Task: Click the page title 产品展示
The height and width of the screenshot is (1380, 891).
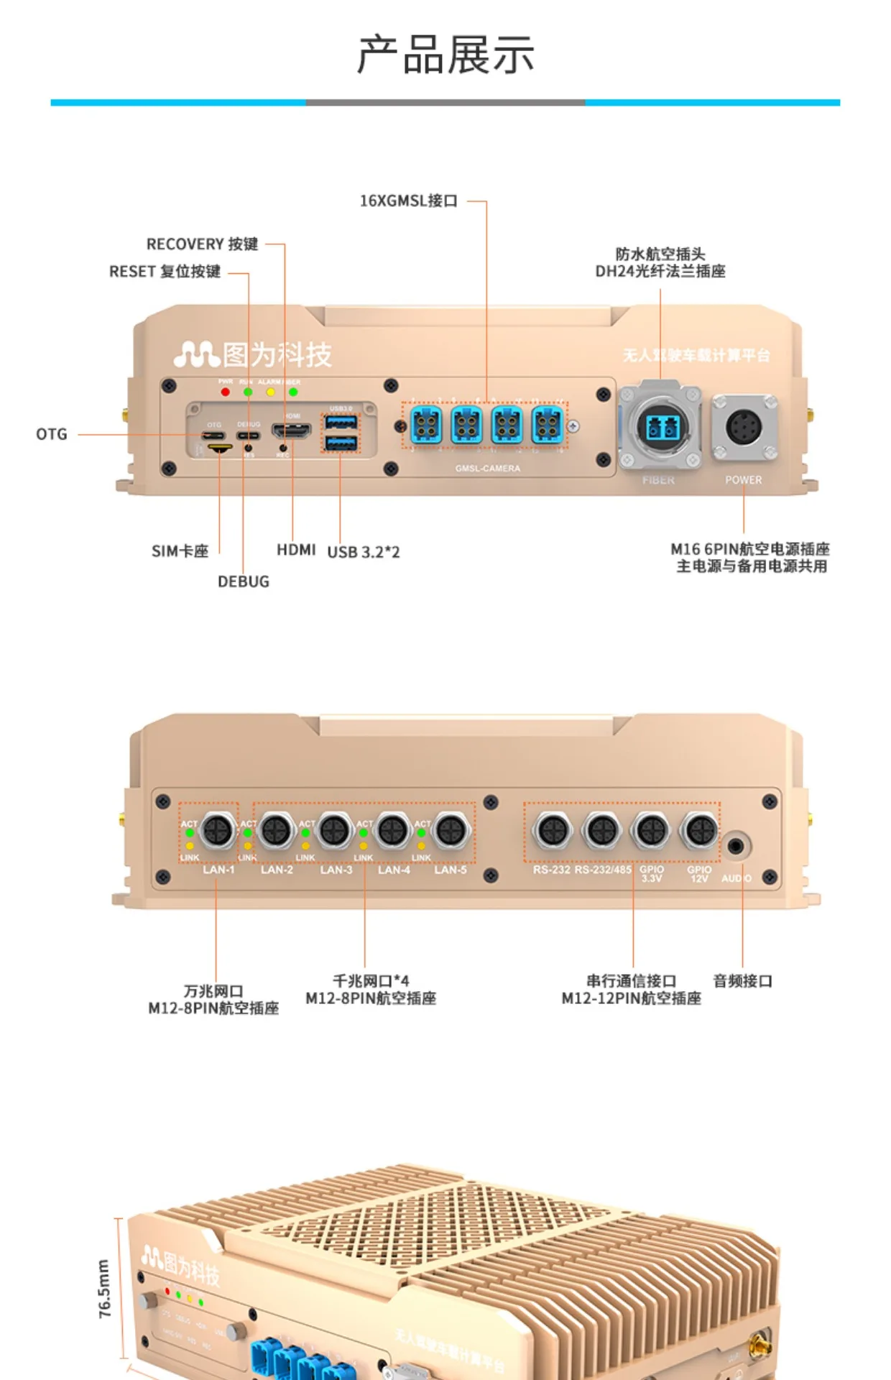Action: [445, 55]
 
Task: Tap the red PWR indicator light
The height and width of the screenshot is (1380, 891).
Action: [226, 392]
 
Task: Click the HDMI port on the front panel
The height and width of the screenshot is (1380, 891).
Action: [291, 431]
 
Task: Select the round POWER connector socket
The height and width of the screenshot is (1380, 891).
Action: [744, 428]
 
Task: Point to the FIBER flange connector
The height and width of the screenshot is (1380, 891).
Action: [660, 428]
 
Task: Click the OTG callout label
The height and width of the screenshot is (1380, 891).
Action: [52, 434]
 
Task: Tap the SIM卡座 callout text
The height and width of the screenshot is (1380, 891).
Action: [180, 551]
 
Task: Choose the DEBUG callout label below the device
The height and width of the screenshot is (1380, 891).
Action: [244, 581]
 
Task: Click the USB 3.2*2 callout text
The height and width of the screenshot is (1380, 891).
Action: [364, 552]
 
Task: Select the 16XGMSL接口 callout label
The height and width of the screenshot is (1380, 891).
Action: [408, 201]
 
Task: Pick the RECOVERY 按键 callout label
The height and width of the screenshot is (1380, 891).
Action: [202, 244]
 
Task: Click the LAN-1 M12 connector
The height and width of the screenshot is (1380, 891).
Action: [217, 831]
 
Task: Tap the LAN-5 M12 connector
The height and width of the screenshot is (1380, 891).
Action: [451, 831]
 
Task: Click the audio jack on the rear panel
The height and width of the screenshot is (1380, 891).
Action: [736, 846]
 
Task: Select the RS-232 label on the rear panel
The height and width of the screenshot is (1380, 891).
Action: [551, 870]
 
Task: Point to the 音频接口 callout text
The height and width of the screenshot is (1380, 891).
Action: [742, 981]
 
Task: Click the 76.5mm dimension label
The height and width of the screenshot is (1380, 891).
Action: [104, 1289]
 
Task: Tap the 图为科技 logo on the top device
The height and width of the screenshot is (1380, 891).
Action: [252, 354]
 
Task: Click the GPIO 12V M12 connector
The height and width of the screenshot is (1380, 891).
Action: [699, 831]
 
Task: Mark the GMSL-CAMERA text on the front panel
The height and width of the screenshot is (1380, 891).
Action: [487, 469]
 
